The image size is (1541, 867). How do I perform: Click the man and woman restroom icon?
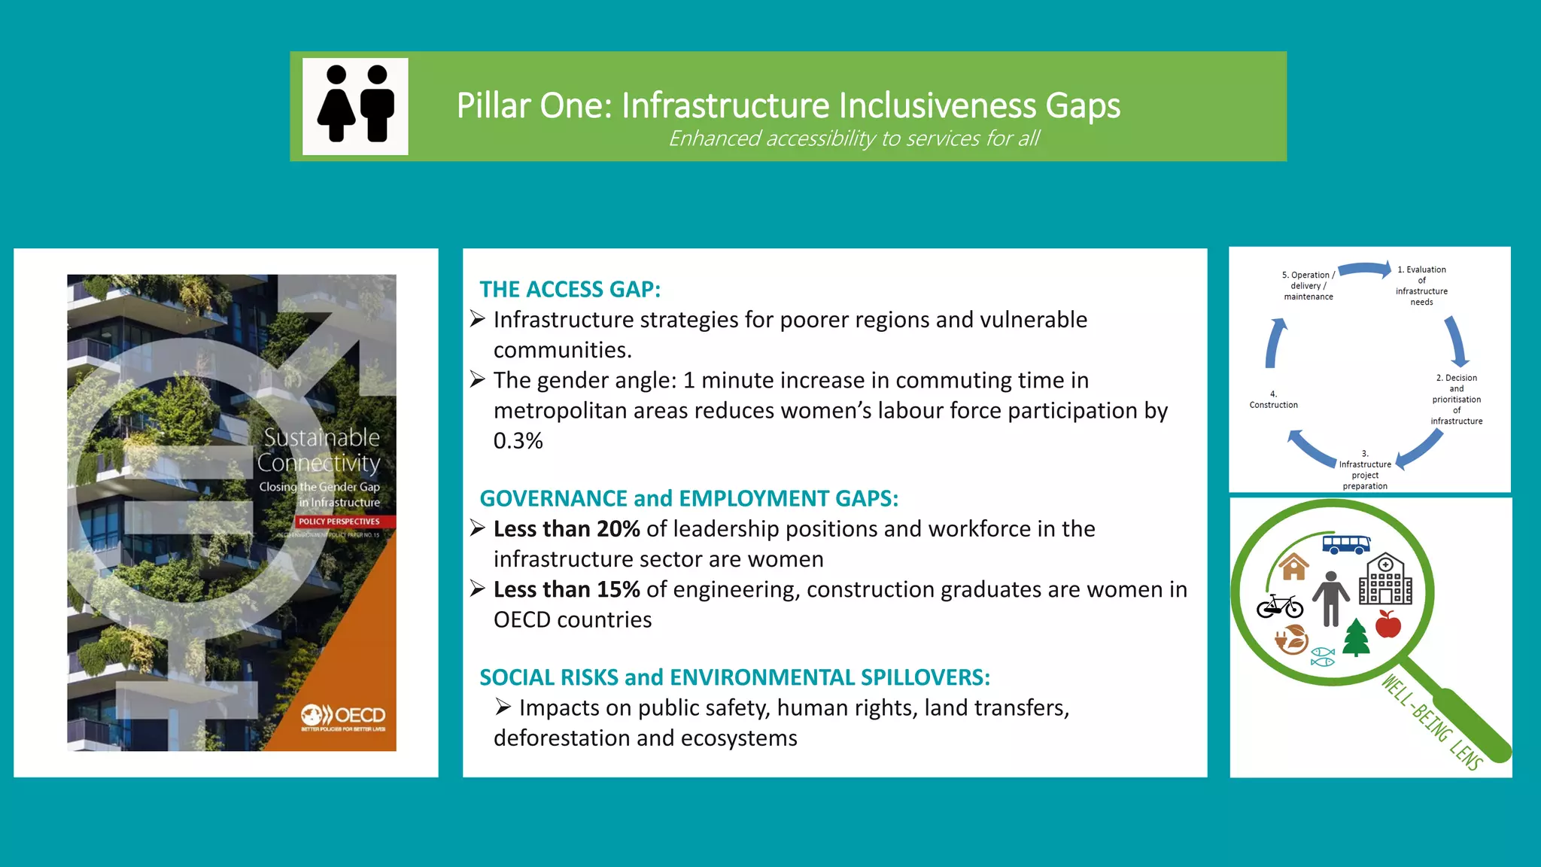click(355, 106)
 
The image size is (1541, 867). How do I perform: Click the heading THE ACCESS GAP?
click(570, 289)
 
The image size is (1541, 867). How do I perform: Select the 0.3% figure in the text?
click(518, 441)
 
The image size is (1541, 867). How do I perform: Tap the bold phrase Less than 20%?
click(566, 529)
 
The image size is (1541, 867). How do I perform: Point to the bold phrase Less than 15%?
click(566, 589)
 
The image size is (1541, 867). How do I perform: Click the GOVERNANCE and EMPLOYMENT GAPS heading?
click(688, 498)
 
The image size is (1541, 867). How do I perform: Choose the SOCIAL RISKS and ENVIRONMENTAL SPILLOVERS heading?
click(734, 677)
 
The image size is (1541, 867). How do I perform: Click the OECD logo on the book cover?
click(343, 716)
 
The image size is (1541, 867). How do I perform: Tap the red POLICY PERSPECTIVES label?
click(339, 522)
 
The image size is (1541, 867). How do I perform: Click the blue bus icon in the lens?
click(1346, 544)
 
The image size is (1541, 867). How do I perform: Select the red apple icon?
click(1388, 624)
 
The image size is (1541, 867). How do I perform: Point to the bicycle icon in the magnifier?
click(1279, 606)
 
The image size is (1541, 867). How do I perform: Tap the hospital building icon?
click(1385, 580)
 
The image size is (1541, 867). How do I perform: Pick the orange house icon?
click(1293, 567)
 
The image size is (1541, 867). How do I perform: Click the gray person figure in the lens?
click(1330, 599)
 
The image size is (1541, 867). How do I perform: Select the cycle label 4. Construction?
click(1273, 400)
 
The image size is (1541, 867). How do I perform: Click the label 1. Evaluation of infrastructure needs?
click(1421, 285)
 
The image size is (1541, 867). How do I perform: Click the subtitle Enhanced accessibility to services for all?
click(853, 138)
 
